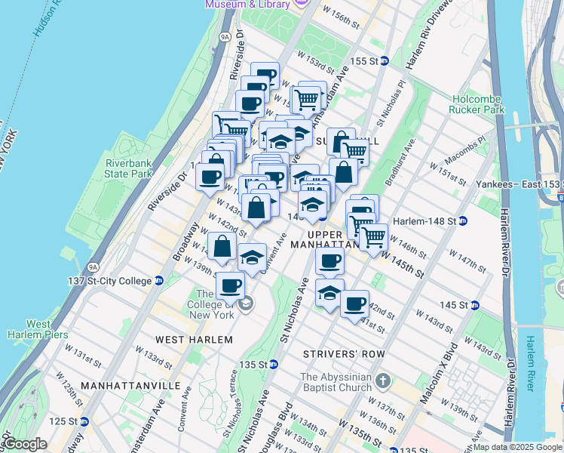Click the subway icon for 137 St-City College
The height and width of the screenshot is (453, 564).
tap(159, 281)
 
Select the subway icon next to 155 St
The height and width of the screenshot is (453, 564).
tap(383, 60)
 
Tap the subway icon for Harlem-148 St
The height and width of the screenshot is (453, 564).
tap(462, 221)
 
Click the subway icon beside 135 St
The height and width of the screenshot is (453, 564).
tap(275, 364)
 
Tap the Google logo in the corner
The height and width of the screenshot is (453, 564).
tap(23, 444)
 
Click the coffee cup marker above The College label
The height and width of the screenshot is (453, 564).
tap(230, 286)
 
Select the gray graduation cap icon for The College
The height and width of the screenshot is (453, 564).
tap(246, 304)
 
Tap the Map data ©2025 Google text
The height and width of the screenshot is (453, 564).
tap(517, 447)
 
